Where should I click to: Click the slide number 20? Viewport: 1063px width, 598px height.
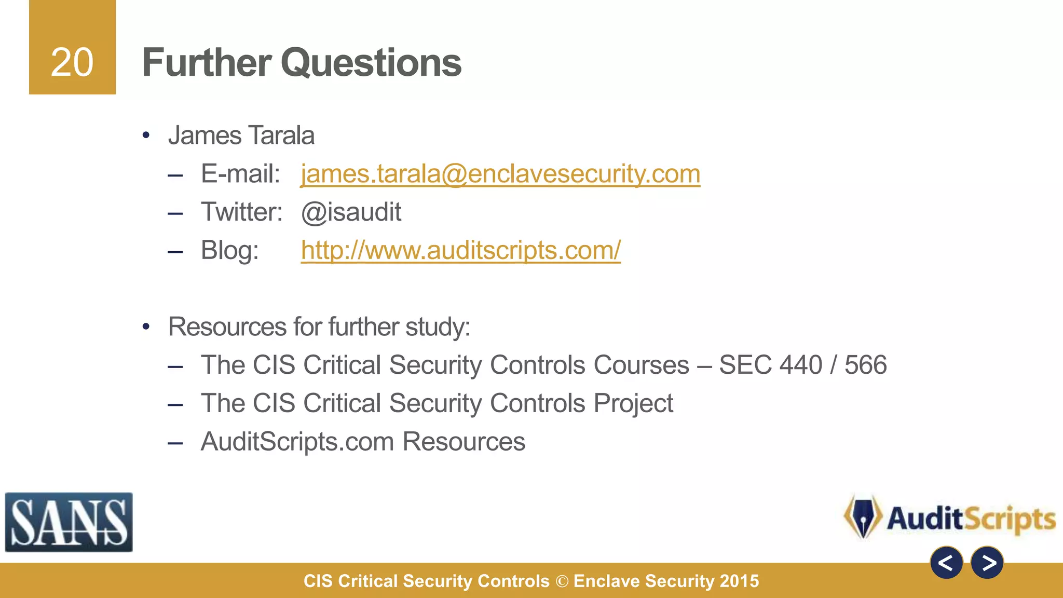72,62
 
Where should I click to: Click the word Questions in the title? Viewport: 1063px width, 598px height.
371,62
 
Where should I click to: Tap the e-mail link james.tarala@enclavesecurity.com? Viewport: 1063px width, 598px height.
500,173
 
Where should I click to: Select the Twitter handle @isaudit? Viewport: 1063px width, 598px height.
351,212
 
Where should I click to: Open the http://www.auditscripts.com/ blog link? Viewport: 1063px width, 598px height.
460,250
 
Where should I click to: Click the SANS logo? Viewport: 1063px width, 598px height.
69,522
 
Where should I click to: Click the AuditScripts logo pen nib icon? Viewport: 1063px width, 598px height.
863,517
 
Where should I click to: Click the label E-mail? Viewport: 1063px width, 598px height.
240,173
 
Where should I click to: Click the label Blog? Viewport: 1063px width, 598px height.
229,250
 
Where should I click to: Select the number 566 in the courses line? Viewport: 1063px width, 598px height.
865,365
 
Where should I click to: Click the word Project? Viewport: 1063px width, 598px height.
633,403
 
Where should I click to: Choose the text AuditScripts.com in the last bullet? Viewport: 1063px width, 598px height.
297,442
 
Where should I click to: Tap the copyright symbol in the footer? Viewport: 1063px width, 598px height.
562,581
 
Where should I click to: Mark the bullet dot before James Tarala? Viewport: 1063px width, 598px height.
146,136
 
